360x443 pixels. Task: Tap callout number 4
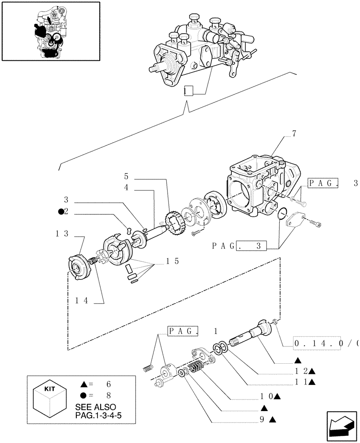126,188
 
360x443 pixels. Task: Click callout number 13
62,233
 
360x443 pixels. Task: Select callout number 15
173,261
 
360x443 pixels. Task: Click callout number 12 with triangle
303,371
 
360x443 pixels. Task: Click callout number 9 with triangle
265,419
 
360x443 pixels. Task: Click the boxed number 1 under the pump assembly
188,91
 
